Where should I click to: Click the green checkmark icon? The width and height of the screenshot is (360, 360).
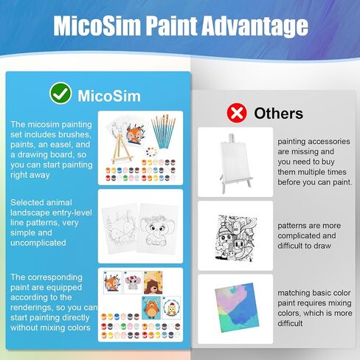tap(60, 94)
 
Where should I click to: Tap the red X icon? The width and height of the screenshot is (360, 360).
tap(237, 113)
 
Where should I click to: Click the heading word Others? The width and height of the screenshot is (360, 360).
tap(278, 114)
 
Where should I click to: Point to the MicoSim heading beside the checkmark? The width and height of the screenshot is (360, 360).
tap(109, 96)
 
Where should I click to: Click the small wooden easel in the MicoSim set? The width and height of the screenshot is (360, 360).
tap(121, 149)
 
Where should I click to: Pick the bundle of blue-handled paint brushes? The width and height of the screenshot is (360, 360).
tap(163, 132)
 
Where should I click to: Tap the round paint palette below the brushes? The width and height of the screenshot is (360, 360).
tap(152, 152)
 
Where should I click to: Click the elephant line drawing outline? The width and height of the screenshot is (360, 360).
tap(157, 229)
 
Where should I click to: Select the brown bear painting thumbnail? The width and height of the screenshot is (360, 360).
tap(153, 283)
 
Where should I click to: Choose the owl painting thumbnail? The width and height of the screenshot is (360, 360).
tap(171, 308)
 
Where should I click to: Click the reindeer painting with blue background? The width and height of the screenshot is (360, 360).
tap(151, 308)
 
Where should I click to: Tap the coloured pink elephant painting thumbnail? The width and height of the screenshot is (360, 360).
tap(133, 283)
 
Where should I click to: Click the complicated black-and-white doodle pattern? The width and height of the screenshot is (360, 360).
tap(235, 238)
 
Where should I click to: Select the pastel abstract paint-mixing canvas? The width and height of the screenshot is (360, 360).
tap(237, 308)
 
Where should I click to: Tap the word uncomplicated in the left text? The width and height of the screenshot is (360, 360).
tap(38, 243)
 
